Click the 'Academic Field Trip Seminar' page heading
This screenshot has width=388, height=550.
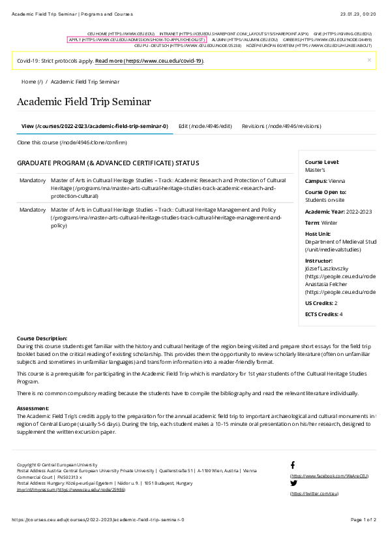(83, 102)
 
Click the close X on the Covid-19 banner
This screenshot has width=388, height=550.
(369, 59)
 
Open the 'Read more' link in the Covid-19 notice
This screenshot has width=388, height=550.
(149, 61)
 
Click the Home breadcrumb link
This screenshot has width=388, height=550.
(32, 82)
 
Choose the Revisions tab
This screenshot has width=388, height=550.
(281, 126)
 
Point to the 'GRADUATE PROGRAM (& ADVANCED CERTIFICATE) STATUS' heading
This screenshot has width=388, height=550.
(108, 163)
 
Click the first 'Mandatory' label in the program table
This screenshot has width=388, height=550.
(33, 180)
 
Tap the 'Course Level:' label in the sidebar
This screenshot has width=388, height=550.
(322, 162)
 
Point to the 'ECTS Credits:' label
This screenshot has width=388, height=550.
(321, 314)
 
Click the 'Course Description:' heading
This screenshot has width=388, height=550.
(42, 338)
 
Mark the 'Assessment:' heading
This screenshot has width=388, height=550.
(33, 407)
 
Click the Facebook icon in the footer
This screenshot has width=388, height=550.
(293, 465)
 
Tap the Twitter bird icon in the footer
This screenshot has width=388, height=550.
(293, 483)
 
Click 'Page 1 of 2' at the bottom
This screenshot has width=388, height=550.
(363, 519)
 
